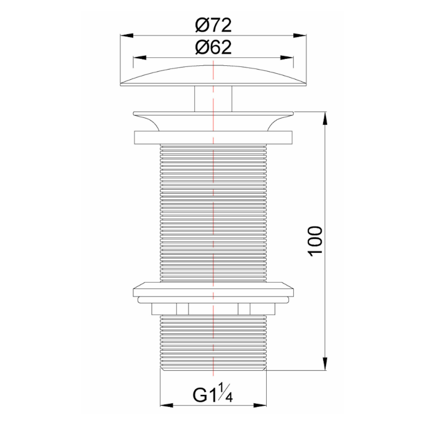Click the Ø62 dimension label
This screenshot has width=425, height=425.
click(x=213, y=47)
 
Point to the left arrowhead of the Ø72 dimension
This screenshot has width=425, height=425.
click(x=127, y=35)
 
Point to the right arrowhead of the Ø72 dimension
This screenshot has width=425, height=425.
click(x=300, y=35)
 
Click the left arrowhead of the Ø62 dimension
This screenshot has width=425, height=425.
click(x=139, y=58)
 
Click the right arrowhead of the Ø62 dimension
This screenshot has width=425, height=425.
click(x=287, y=58)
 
